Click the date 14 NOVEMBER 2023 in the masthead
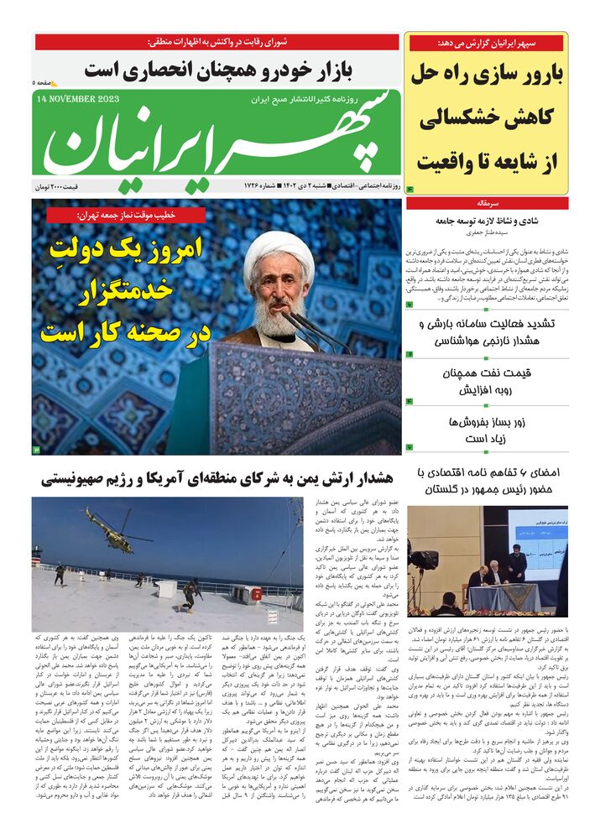tap(78, 98)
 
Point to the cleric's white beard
tap(279, 318)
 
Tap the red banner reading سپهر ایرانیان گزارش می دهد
tap(487, 43)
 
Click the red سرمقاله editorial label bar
tap(487, 203)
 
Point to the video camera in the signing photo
tap(423, 558)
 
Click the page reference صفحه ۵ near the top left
tap(45, 83)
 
